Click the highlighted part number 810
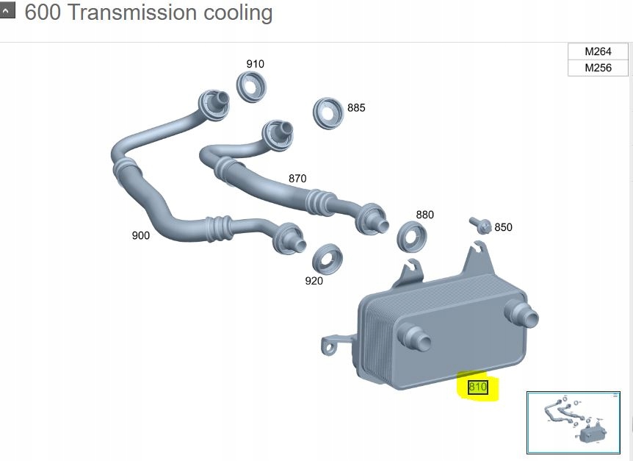[x=477, y=387]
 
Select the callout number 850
[x=503, y=227]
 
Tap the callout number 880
[x=424, y=215]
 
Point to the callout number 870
[x=297, y=178]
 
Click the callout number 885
[x=356, y=107]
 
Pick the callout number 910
[x=255, y=64]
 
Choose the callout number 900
[x=140, y=235]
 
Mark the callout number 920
[x=314, y=281]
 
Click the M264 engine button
[x=598, y=51]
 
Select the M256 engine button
[x=598, y=68]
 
